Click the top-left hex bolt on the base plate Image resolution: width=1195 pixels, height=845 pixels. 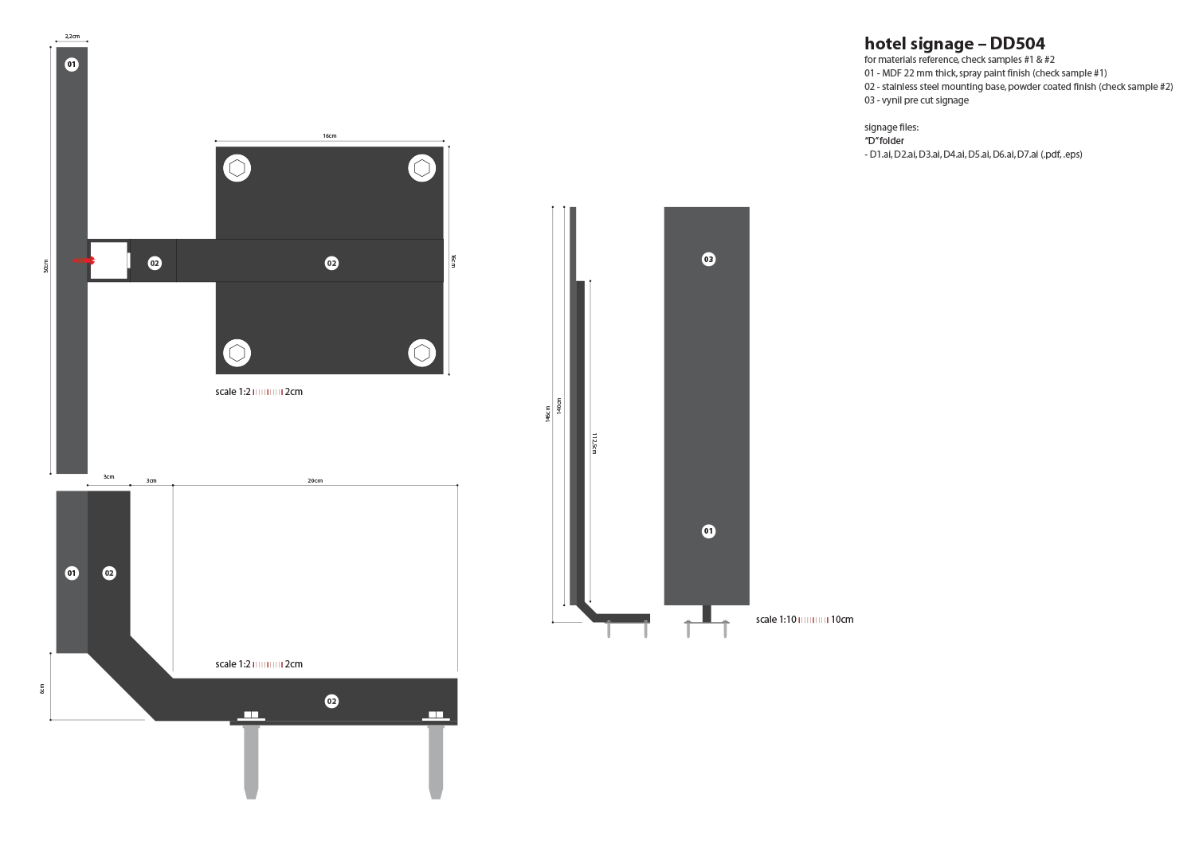click(x=237, y=168)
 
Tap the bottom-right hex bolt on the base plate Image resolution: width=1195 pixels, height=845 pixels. click(x=421, y=353)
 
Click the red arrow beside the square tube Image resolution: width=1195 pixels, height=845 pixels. click(x=84, y=260)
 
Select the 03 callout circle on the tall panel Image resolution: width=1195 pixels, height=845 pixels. click(x=708, y=259)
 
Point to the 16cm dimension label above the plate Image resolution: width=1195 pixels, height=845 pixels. click(x=329, y=136)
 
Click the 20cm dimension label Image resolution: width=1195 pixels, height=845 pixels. click(x=315, y=480)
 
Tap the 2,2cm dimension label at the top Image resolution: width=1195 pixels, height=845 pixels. click(x=72, y=37)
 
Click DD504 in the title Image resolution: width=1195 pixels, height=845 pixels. click(x=1017, y=44)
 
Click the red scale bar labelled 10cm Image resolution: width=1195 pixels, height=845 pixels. click(x=813, y=620)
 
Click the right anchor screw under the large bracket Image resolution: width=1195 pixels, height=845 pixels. click(x=436, y=757)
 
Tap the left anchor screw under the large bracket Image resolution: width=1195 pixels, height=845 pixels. click(x=251, y=757)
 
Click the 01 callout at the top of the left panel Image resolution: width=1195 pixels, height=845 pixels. click(x=72, y=64)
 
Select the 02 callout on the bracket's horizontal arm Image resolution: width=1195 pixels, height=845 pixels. click(x=331, y=701)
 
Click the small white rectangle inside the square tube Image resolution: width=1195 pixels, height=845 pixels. click(x=128, y=260)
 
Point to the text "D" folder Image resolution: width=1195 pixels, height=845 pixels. click(x=884, y=141)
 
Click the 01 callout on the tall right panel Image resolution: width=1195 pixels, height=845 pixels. click(x=708, y=531)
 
